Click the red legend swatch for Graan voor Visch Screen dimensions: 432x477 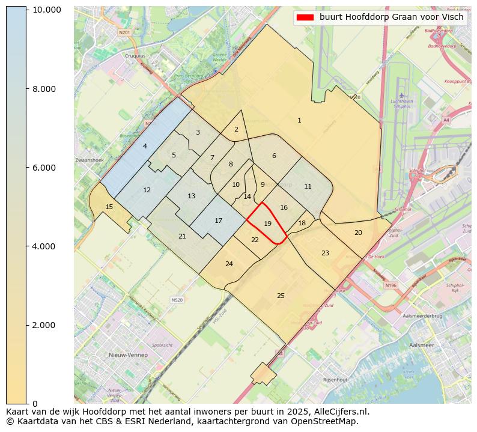(x=305, y=17)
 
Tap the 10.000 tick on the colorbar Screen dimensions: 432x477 (x=47, y=10)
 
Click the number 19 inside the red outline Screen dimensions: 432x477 (x=268, y=224)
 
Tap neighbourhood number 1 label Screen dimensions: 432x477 (x=299, y=121)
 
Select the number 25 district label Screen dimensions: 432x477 (x=281, y=296)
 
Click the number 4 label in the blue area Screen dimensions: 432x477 (x=145, y=146)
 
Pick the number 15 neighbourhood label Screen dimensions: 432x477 (x=109, y=207)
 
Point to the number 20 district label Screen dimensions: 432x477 (x=358, y=233)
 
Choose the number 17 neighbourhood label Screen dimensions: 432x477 (x=219, y=221)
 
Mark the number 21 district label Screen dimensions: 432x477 (x=182, y=236)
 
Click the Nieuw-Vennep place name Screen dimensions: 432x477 (x=128, y=355)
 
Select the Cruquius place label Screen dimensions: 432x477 (x=135, y=56)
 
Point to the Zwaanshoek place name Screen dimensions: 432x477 (x=90, y=160)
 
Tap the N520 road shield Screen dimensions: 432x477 (x=177, y=300)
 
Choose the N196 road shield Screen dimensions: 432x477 (x=391, y=285)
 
